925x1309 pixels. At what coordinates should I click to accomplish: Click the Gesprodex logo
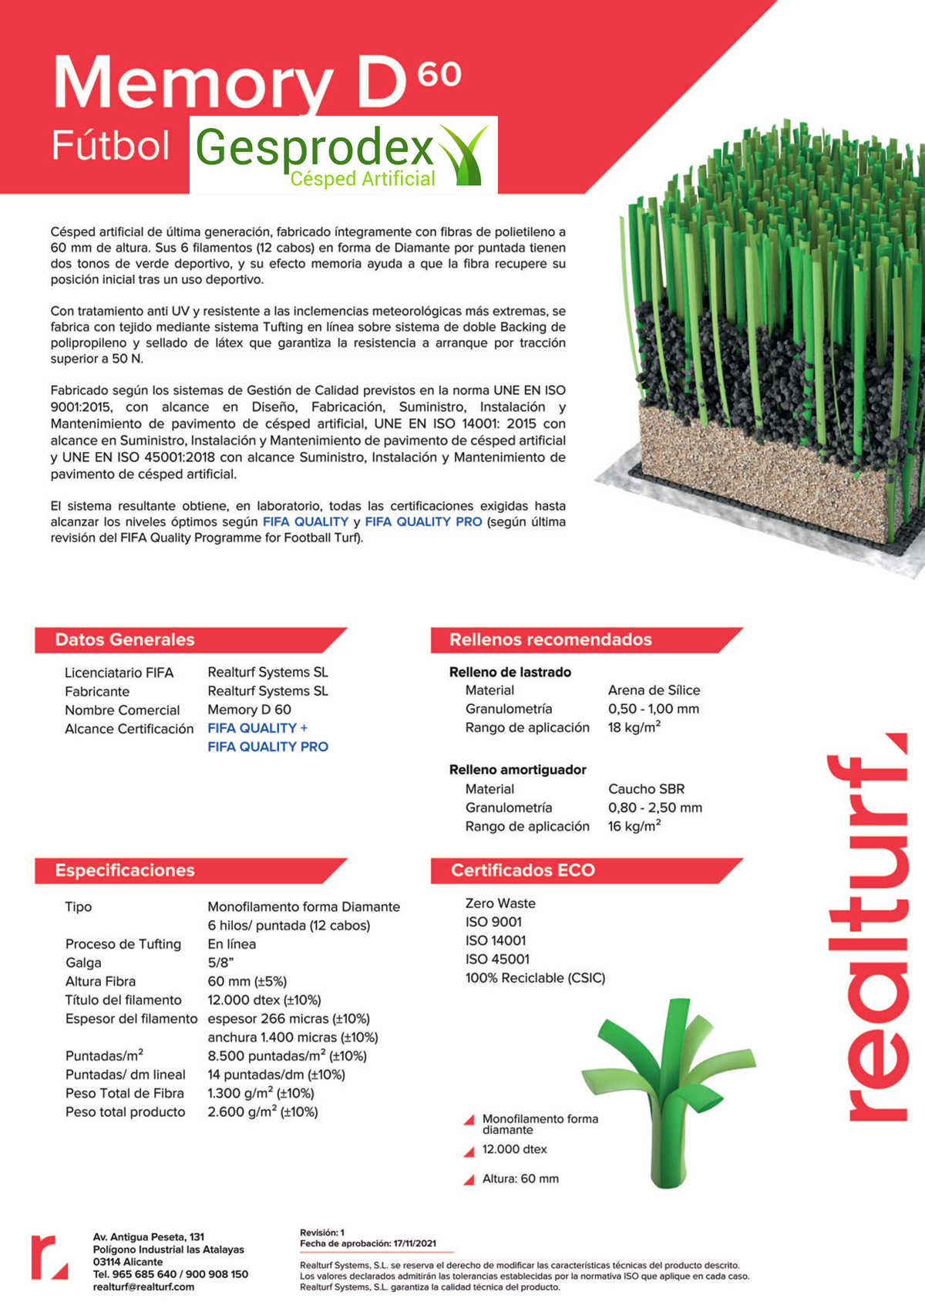click(x=343, y=154)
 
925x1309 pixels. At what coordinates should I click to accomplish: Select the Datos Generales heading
click(x=125, y=639)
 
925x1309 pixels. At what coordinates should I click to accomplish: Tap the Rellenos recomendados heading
click(x=550, y=639)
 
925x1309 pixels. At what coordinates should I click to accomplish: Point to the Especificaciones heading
click(x=125, y=870)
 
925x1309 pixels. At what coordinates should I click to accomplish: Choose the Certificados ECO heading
click(x=523, y=870)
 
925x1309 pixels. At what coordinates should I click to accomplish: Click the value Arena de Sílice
click(x=654, y=690)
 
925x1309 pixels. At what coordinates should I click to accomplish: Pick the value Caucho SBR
click(x=646, y=789)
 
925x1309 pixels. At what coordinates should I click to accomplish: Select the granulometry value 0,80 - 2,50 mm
click(x=654, y=808)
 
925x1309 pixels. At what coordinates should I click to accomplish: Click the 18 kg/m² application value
click(x=634, y=727)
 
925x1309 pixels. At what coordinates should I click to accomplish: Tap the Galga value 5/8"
click(x=220, y=963)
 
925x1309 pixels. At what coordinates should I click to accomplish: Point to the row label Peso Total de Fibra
click(x=124, y=1093)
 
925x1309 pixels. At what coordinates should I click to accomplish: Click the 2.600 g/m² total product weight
click(x=262, y=1112)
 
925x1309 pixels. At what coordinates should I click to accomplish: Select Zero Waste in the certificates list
click(x=500, y=903)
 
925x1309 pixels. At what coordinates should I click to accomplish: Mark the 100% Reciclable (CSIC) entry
click(x=535, y=978)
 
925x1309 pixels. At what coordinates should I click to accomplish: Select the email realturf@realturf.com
click(x=143, y=1287)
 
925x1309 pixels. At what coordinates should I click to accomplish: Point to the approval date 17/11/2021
click(x=415, y=1243)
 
